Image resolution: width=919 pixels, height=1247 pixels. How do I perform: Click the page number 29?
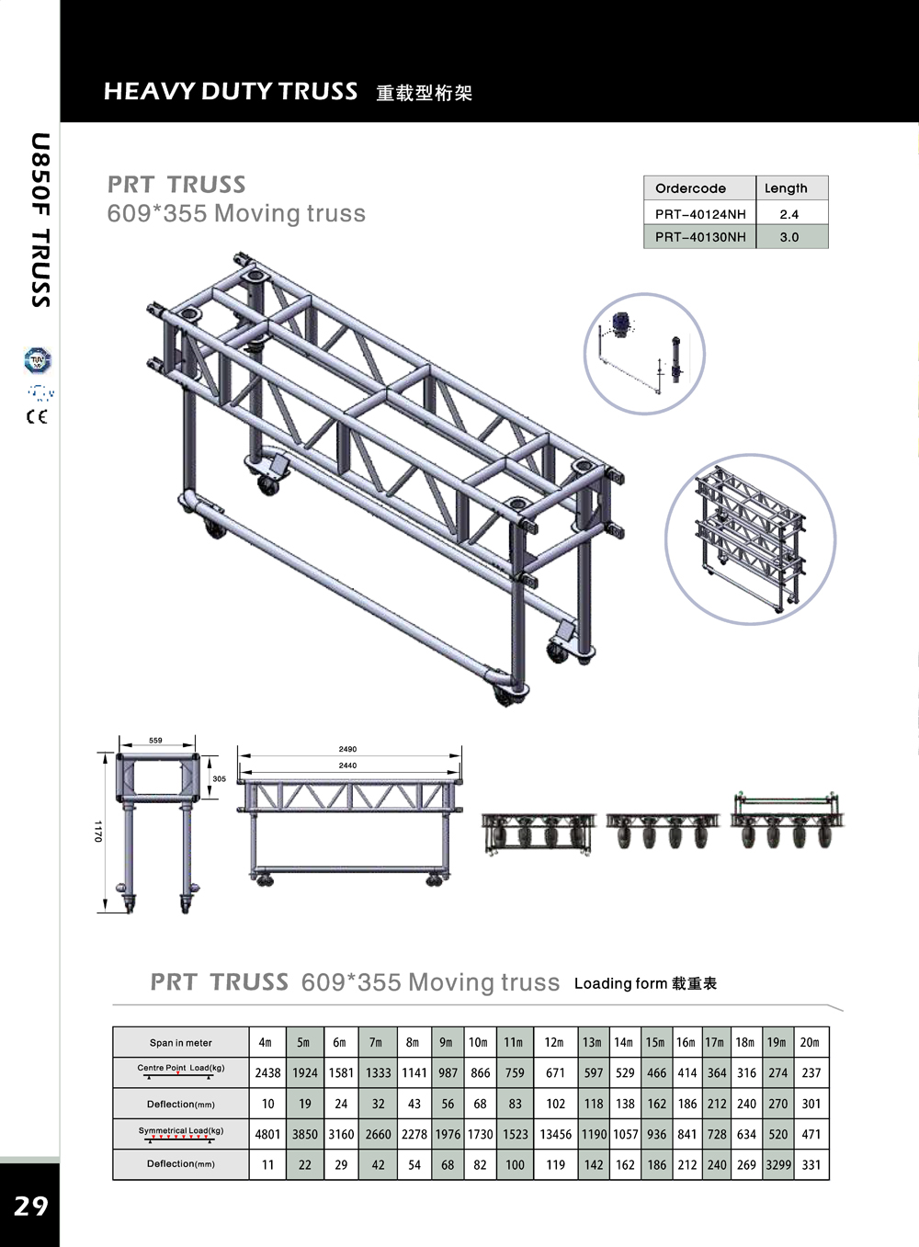(x=30, y=1206)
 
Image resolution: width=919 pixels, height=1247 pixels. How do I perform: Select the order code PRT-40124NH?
(x=700, y=214)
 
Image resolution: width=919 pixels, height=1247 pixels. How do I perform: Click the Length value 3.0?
(x=789, y=237)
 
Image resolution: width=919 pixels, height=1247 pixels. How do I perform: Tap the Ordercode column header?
(x=690, y=188)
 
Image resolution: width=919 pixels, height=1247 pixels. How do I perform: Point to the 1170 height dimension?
(x=97, y=832)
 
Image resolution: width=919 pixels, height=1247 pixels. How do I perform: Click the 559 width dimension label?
(x=155, y=740)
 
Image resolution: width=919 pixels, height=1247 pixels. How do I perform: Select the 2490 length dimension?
(x=347, y=749)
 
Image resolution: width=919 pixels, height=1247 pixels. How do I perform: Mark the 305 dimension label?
(x=219, y=778)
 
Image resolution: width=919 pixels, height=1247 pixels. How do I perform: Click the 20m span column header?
(x=809, y=1042)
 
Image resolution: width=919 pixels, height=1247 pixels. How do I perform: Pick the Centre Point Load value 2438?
(x=267, y=1072)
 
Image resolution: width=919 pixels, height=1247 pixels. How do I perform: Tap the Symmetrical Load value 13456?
(x=555, y=1134)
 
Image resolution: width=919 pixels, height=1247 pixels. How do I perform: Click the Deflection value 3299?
(x=777, y=1164)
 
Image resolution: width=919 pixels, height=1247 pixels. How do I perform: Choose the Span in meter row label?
(x=180, y=1043)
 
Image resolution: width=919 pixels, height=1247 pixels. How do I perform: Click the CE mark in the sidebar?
(x=37, y=417)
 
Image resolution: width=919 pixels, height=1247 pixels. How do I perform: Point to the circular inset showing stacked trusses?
(x=750, y=539)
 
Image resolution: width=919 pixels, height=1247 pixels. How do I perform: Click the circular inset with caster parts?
(x=644, y=354)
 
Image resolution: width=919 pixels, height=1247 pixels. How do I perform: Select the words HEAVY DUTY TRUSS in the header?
(x=231, y=91)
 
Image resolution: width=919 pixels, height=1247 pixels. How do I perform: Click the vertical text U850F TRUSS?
(x=40, y=221)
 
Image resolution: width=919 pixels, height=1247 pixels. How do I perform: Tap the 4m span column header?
(x=266, y=1042)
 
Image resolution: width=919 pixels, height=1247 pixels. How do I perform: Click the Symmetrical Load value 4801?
(x=267, y=1134)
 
